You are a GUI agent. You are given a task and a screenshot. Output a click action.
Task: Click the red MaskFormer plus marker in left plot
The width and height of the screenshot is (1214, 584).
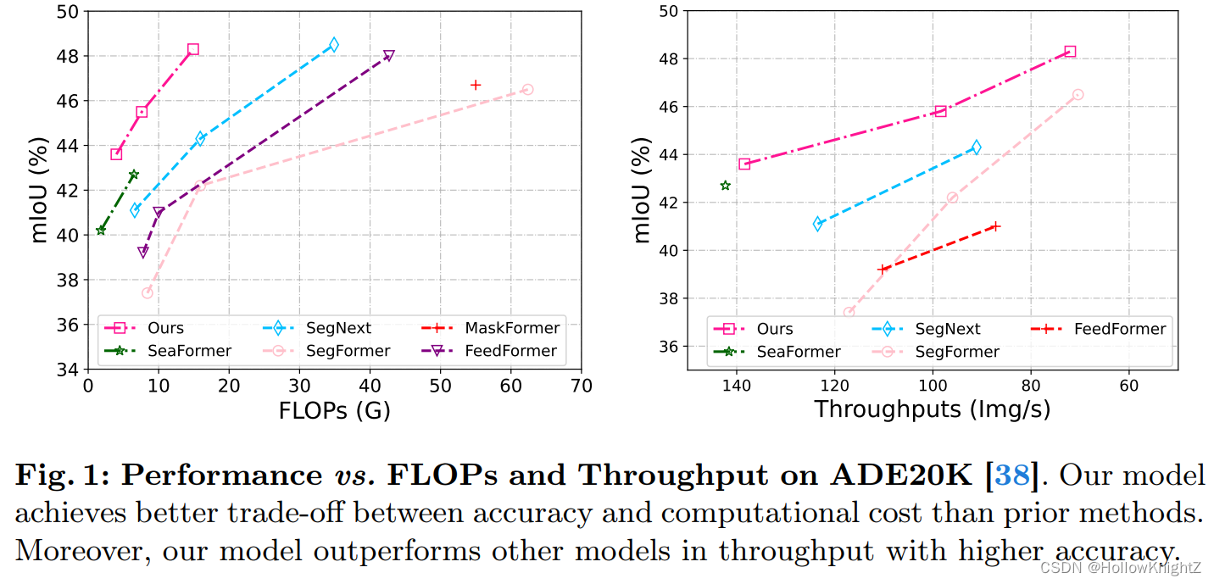click(476, 85)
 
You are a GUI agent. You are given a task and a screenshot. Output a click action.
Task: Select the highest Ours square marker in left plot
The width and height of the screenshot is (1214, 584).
click(193, 49)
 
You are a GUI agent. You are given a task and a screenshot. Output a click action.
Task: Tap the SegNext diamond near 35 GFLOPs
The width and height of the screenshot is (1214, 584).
click(334, 44)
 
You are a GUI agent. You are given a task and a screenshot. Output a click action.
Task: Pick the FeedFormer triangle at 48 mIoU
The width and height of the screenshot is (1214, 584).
click(389, 56)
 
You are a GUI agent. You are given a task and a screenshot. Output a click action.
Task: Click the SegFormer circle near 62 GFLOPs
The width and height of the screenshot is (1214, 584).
click(527, 89)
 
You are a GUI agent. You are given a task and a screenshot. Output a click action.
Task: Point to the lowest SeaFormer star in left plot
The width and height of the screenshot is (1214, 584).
click(101, 230)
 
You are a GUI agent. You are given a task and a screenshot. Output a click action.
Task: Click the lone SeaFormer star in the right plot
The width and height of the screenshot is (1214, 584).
click(725, 186)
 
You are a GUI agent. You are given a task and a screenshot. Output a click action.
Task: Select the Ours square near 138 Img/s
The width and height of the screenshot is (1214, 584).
click(744, 164)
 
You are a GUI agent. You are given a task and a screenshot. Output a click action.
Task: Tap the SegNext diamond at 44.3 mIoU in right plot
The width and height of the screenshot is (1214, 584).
click(976, 147)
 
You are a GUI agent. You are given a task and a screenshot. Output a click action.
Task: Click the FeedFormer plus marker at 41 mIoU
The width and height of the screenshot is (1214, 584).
click(995, 226)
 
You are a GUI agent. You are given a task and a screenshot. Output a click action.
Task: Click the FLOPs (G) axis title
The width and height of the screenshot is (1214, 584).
click(334, 411)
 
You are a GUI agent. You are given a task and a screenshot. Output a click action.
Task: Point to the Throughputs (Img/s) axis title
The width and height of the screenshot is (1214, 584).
click(932, 409)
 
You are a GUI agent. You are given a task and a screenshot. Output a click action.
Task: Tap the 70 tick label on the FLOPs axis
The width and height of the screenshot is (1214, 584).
click(581, 386)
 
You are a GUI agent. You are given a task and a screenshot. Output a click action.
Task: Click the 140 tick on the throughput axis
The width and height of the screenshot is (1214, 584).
click(736, 384)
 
